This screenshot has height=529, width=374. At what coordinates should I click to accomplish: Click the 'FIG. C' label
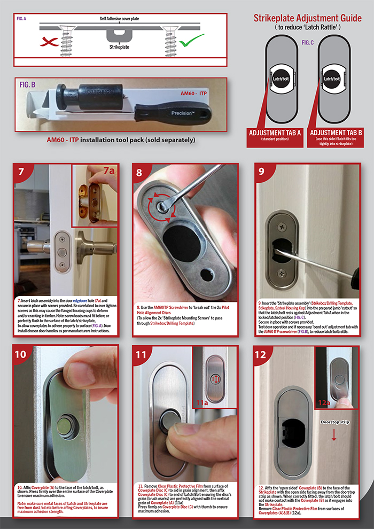(307, 42)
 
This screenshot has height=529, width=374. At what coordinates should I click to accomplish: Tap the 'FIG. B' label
(28, 84)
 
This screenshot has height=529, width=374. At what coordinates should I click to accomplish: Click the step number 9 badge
(264, 173)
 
